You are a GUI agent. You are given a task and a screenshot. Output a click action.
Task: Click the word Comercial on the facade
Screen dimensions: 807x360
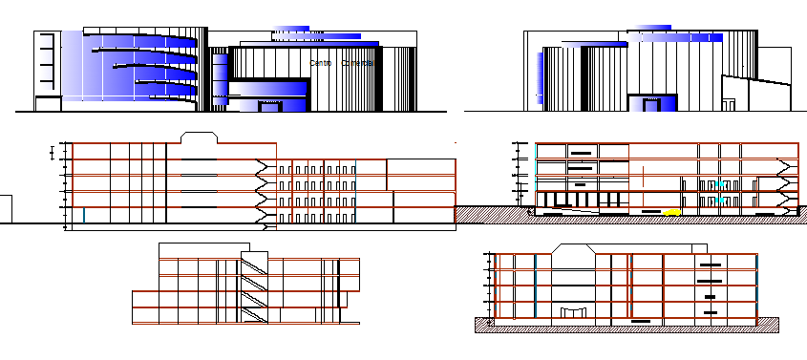(x=356, y=63)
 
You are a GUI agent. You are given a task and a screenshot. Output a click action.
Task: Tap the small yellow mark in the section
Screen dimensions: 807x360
(x=673, y=210)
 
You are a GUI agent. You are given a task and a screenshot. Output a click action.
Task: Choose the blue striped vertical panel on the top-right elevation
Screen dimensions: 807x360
(x=542, y=77)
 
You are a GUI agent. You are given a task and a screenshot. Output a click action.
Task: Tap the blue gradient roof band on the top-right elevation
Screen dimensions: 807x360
(x=673, y=39)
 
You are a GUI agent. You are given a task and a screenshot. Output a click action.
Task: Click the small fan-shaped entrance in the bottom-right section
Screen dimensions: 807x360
(x=574, y=312)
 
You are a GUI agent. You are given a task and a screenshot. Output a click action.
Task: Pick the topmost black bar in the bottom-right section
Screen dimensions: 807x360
(x=709, y=265)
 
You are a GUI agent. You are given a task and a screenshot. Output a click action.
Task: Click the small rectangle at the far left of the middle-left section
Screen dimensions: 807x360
(x=5, y=209)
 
